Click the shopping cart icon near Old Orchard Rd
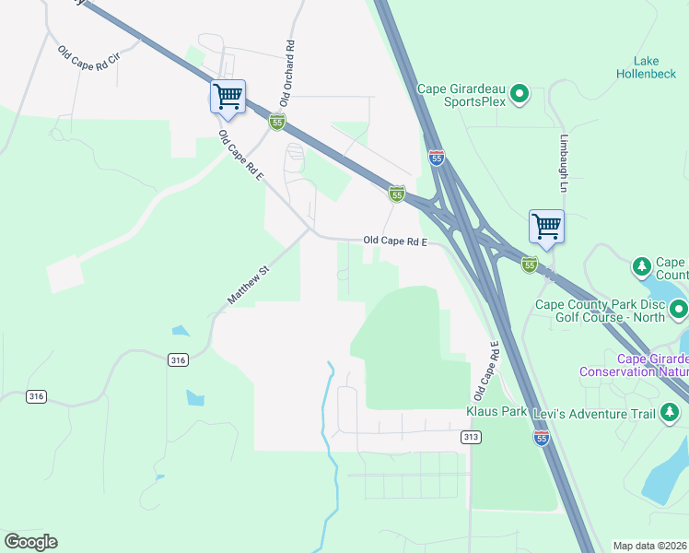coord(228,96)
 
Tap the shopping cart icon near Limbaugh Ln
coord(546,226)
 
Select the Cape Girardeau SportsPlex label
coord(461,95)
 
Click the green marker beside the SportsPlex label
coord(520,93)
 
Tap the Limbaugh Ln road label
coord(564,164)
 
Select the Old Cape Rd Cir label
coord(88,62)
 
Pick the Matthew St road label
coord(247,286)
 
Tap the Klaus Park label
coord(496,410)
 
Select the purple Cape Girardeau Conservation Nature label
coord(634,365)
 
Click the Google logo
coord(30,542)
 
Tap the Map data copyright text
coord(650,546)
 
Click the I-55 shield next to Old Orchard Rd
coord(277,122)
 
